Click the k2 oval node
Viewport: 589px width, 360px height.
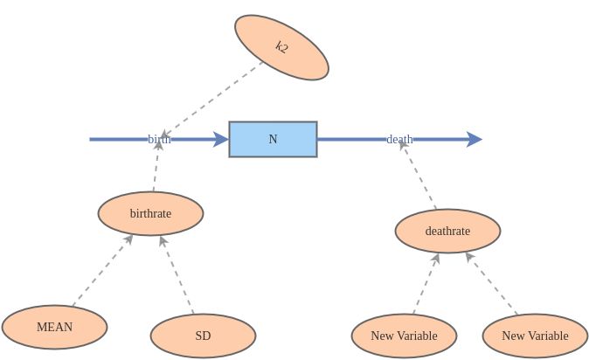point(281,47)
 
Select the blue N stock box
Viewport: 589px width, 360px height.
point(273,139)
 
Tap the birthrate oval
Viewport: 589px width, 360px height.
point(150,213)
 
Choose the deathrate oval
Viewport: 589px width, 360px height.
point(447,232)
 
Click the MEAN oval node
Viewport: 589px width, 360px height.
point(54,328)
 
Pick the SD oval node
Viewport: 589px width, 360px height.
point(203,336)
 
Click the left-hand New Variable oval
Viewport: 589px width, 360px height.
point(404,336)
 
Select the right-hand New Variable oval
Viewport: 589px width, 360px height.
point(535,336)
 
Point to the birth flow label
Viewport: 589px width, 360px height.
point(159,139)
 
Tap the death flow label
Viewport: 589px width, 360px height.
point(399,139)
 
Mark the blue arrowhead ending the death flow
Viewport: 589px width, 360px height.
point(475,139)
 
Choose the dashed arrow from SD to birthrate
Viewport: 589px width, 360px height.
point(177,275)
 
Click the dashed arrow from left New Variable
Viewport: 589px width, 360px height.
point(425,284)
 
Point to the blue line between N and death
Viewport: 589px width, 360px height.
point(350,139)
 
